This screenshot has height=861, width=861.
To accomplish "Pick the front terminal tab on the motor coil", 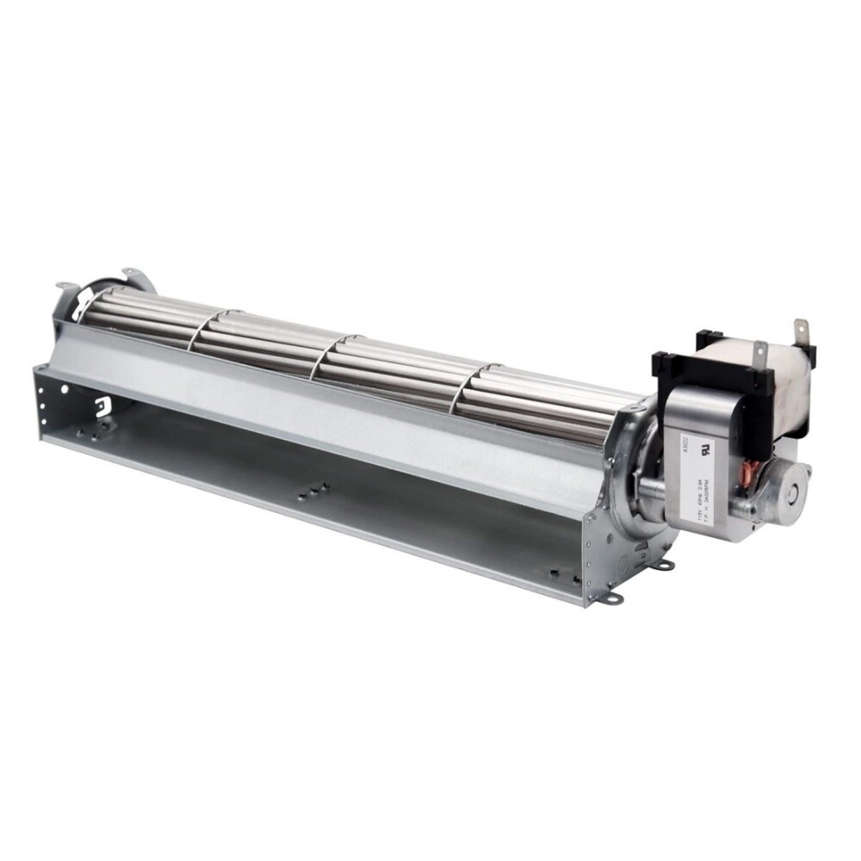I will coord(759,353).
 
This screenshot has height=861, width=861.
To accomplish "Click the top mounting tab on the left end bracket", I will coord(129,273).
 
